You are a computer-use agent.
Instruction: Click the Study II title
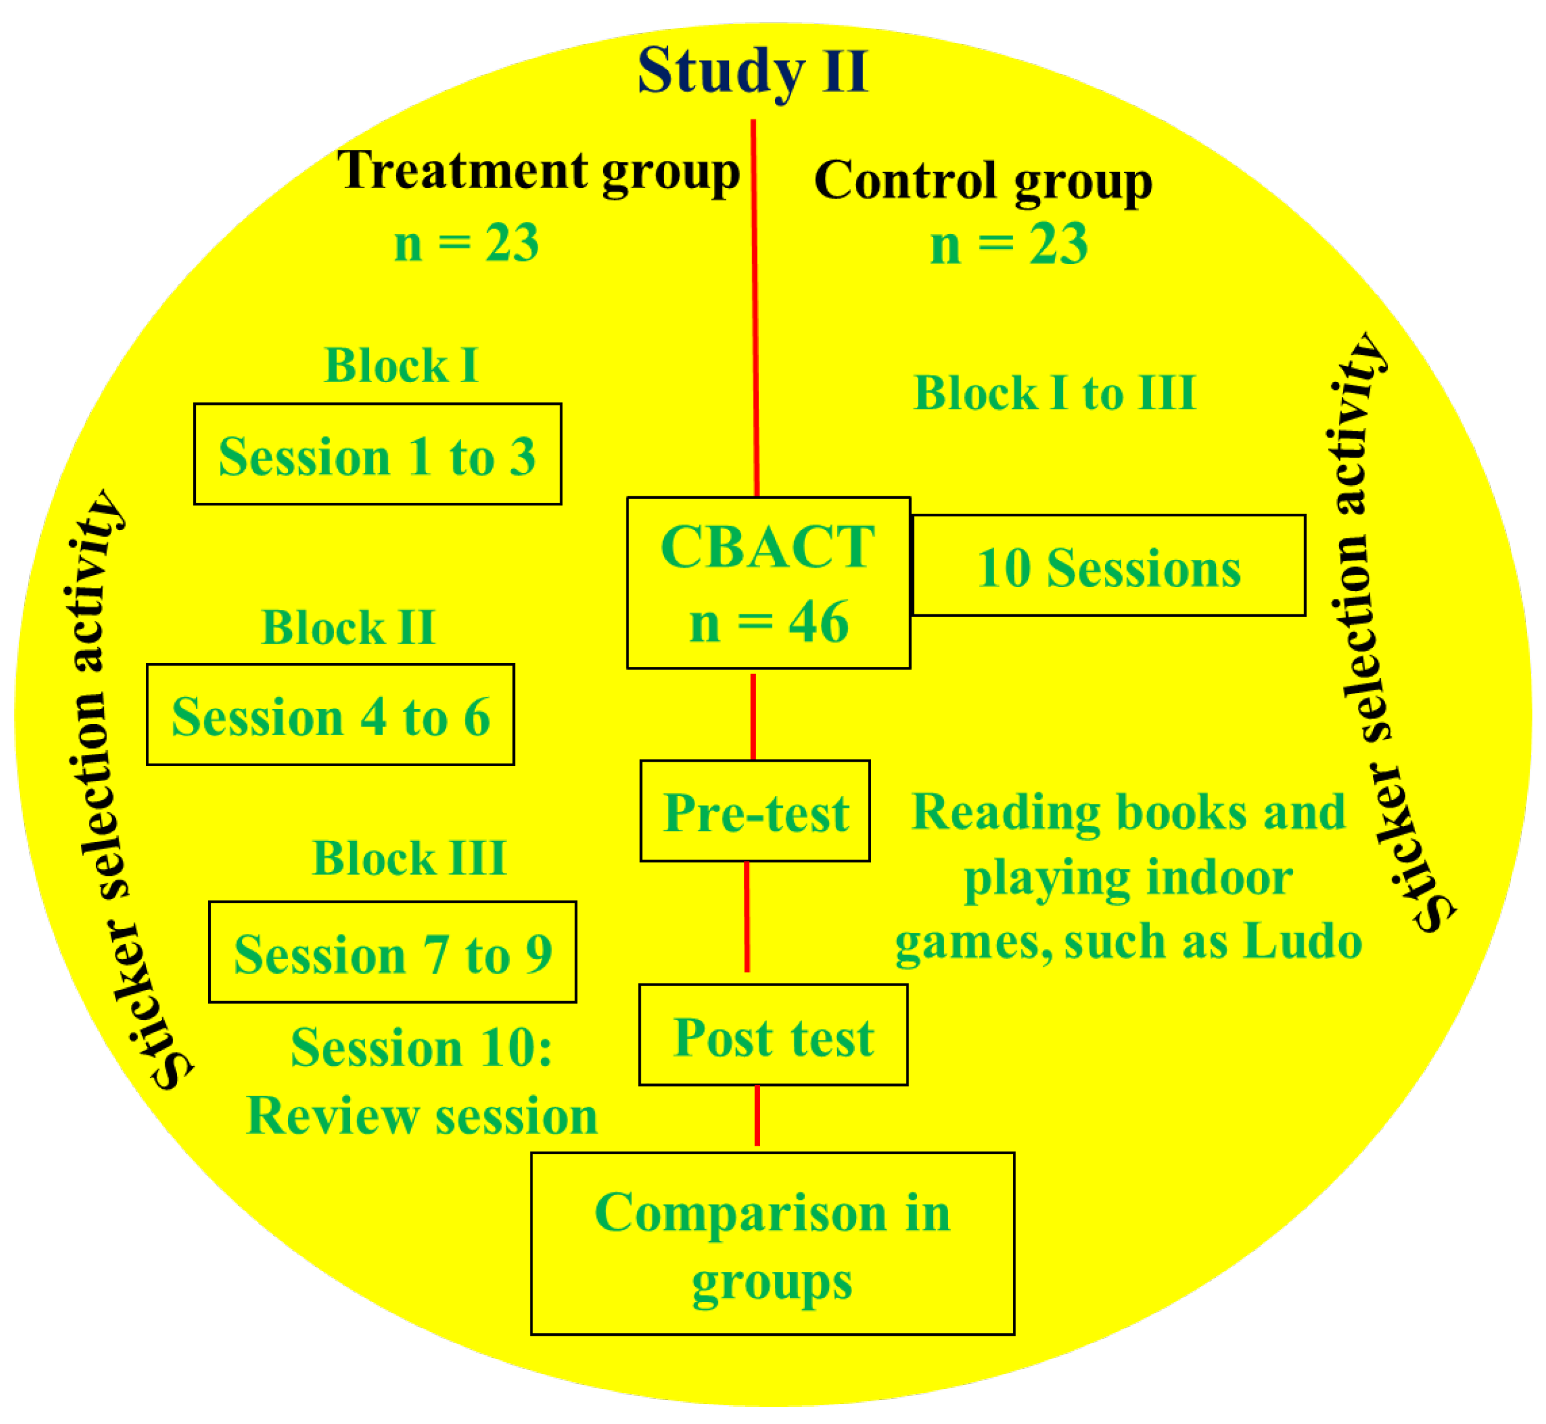[753, 71]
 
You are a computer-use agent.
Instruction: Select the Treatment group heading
[538, 171]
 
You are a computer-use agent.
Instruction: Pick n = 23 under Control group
[1008, 246]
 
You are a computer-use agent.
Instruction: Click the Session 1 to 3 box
[377, 455]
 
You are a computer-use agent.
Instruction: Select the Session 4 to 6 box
[331, 715]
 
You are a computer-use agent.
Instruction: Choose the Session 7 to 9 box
[392, 952]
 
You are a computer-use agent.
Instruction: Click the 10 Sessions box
[1108, 566]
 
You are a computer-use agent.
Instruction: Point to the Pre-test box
[755, 812]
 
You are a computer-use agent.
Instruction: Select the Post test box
[772, 1035]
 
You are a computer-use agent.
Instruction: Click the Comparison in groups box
[772, 1244]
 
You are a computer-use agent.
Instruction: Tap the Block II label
[349, 628]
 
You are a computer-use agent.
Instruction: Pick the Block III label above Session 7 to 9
[409, 858]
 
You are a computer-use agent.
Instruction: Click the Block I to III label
[1054, 394]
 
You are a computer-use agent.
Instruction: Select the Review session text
[422, 1116]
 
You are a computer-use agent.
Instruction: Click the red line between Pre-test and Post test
[746, 917]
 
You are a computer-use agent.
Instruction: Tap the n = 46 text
[768, 623]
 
